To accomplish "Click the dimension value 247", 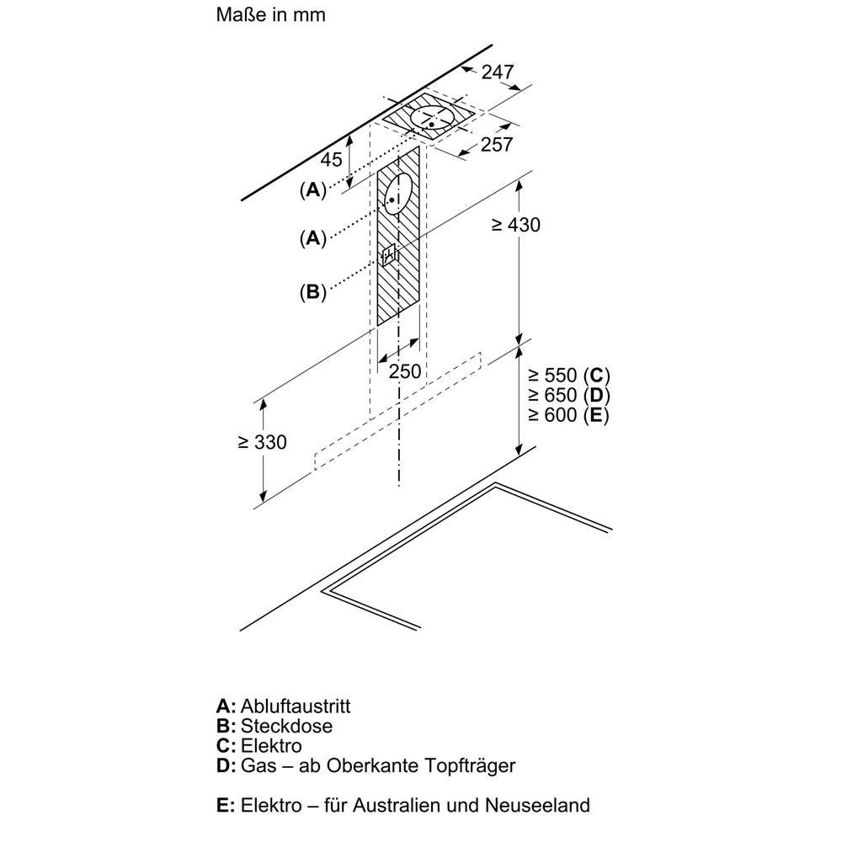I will (x=498, y=72).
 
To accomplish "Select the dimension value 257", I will (x=497, y=145).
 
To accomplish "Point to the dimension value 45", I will (x=332, y=159).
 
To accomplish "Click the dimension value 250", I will (x=405, y=371).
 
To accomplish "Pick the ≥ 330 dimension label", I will (x=262, y=442).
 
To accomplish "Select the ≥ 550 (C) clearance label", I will (x=569, y=376).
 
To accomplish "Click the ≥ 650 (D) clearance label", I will (x=569, y=395).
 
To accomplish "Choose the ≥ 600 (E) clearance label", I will (x=569, y=415).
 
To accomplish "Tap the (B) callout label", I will (x=312, y=292).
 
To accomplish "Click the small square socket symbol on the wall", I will (x=389, y=255).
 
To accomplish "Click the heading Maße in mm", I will (x=270, y=15).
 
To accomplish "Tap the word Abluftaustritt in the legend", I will (x=296, y=706).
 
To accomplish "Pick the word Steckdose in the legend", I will (x=286, y=726).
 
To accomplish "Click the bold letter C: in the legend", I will (x=226, y=746).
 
